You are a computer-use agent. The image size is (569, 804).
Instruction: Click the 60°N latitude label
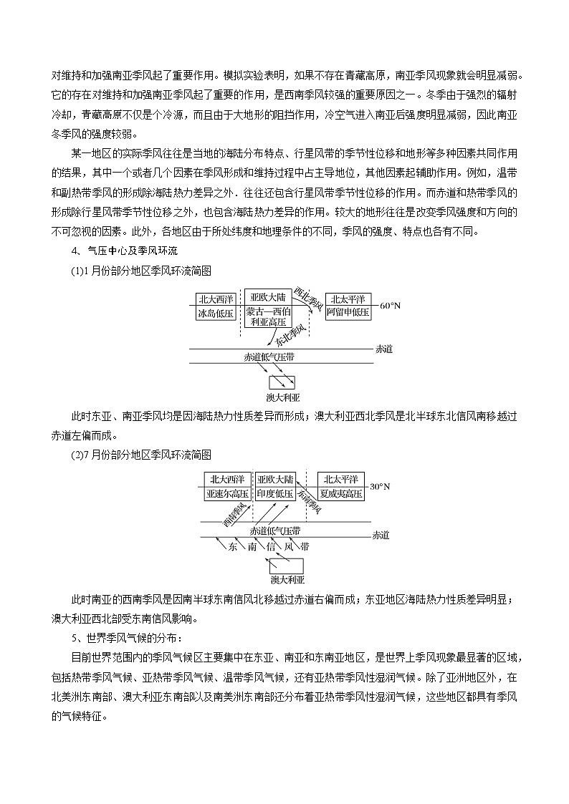pos(390,306)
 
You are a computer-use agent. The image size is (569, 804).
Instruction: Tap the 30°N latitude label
pos(380,487)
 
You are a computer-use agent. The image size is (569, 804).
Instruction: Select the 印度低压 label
pos(274,494)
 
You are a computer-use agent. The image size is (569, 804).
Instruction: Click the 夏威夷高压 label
pos(340,494)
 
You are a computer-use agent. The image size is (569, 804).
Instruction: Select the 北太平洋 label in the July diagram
pos(340,480)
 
